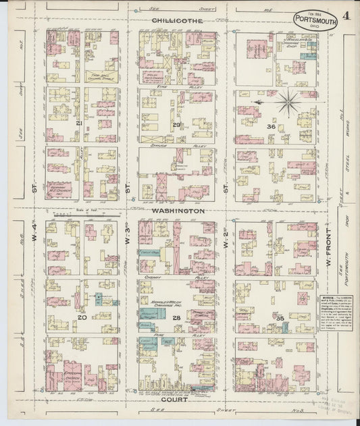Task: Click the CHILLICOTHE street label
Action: (177, 22)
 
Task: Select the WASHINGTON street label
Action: (178, 211)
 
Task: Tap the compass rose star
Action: (288, 101)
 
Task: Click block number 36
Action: (271, 126)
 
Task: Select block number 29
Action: (177, 126)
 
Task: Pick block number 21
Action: (80, 125)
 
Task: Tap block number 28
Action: (176, 317)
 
